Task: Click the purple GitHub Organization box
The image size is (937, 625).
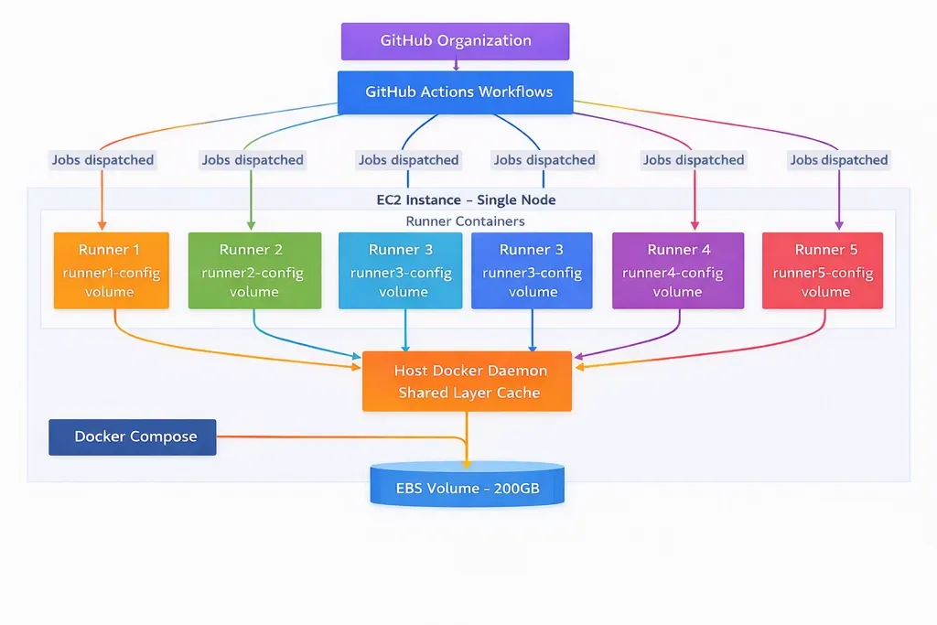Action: click(455, 41)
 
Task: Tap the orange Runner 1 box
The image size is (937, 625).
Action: click(111, 270)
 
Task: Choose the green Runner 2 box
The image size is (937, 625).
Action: click(254, 270)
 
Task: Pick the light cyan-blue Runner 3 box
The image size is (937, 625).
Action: click(403, 270)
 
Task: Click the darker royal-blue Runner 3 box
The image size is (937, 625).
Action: click(532, 270)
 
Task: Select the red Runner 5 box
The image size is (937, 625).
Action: click(822, 270)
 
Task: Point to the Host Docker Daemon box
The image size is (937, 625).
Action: click(467, 382)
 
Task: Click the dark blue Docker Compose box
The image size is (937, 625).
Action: click(132, 436)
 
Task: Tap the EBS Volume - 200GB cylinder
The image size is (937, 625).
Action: click(467, 486)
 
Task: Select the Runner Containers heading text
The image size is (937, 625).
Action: click(465, 221)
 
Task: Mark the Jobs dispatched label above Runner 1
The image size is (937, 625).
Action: click(102, 160)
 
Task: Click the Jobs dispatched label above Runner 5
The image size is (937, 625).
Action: click(838, 160)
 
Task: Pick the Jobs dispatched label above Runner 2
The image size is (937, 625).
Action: click(253, 160)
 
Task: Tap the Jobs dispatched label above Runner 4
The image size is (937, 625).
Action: click(693, 160)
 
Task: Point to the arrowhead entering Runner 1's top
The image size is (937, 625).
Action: click(102, 226)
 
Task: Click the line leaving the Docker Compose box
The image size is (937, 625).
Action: click(339, 437)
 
